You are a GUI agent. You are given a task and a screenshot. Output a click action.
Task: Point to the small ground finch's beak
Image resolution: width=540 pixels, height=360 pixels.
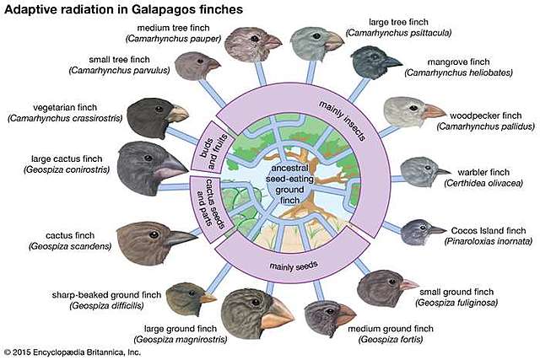tap(408, 285)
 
